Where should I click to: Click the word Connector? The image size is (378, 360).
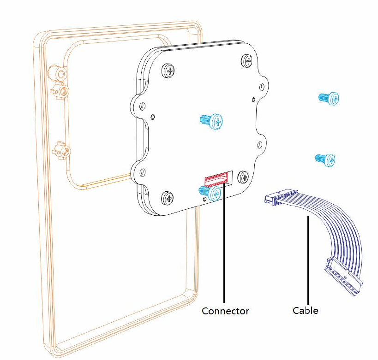tap(225, 311)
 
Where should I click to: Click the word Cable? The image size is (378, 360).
tap(305, 310)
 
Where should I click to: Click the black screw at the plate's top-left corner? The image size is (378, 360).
tap(170, 71)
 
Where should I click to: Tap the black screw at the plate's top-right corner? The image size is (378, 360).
tap(247, 60)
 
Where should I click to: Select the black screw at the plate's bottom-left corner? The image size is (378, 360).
tap(169, 199)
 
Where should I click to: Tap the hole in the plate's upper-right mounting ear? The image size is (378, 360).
tap(263, 86)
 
